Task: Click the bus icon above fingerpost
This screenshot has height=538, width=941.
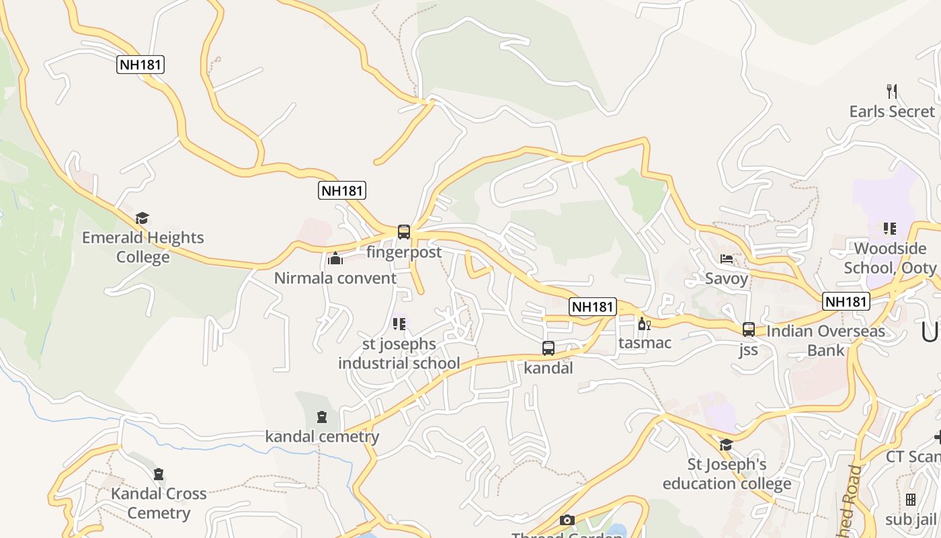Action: click(x=403, y=232)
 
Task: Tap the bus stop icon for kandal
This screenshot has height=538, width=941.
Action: click(x=548, y=348)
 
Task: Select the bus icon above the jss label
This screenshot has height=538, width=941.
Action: click(x=748, y=330)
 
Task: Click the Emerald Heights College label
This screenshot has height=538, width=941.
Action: click(x=142, y=247)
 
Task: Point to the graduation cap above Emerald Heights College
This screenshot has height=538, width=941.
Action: click(x=142, y=218)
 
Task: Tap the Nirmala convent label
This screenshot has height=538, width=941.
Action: click(x=335, y=278)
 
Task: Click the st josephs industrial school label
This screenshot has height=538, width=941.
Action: click(x=399, y=354)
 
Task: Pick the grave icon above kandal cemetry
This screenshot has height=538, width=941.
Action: click(x=322, y=417)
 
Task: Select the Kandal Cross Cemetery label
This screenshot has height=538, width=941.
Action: click(x=159, y=503)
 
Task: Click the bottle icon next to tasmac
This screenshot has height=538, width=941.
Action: click(x=643, y=323)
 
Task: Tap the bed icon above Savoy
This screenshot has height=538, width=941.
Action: click(x=726, y=258)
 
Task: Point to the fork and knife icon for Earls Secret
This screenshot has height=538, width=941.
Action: click(x=892, y=91)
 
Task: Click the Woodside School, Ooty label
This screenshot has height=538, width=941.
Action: click(x=890, y=258)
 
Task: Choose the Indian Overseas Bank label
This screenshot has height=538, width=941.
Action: click(x=825, y=340)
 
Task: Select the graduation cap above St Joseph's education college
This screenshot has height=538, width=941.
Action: click(x=726, y=445)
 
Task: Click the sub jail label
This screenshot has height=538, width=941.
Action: click(x=911, y=519)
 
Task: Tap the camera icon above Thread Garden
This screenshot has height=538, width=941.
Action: click(x=567, y=520)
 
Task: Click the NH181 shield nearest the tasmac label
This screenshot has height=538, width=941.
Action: click(x=592, y=307)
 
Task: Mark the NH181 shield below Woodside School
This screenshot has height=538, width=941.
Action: click(x=846, y=301)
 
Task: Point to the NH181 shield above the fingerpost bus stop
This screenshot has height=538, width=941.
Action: click(x=341, y=190)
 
